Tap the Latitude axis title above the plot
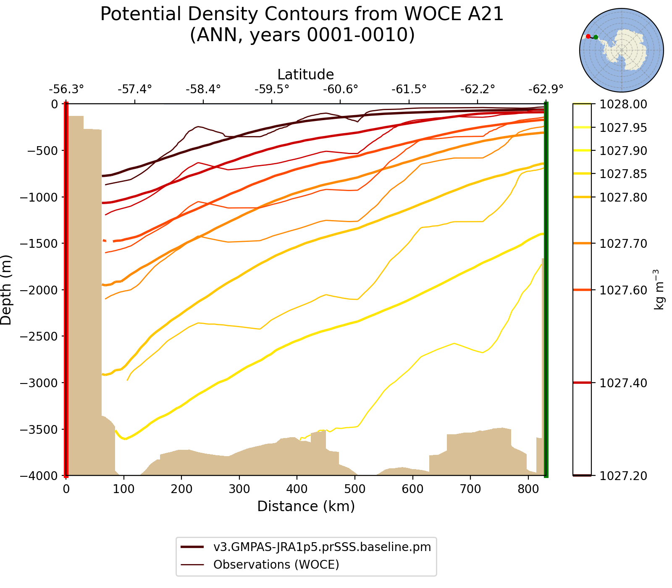305,74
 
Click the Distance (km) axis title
306,506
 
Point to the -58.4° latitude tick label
203,89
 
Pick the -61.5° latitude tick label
409,89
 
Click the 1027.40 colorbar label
623,383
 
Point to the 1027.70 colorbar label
623,244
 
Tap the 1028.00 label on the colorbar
623,104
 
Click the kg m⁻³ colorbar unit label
659,290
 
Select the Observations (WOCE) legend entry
276,564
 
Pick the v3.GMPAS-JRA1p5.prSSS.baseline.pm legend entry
322,547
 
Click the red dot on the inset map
588,37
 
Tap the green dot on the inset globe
596,37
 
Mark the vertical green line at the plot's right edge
546,290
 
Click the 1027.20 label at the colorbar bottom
623,476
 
